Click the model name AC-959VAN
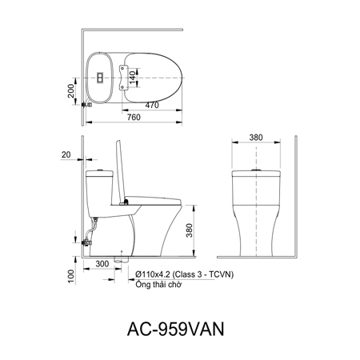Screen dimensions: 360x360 tap(178, 327)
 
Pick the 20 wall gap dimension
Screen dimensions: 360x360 tap(66, 155)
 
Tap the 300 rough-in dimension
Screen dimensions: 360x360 tap(102, 263)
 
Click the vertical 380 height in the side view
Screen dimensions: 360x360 tap(189, 231)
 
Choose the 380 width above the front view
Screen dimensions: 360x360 tap(255, 138)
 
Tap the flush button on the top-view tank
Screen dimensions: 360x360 tap(100, 78)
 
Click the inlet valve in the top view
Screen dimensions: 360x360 tap(89, 102)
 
